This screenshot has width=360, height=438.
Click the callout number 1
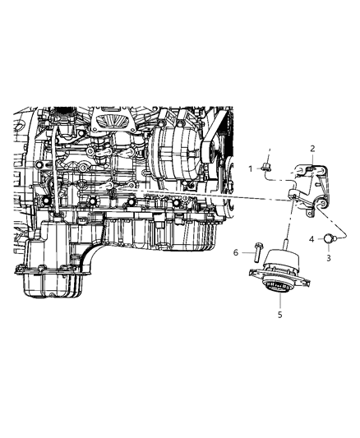pyautogui.click(x=251, y=168)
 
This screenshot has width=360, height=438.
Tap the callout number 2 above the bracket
pyautogui.click(x=312, y=149)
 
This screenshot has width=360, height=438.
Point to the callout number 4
pyautogui.click(x=313, y=238)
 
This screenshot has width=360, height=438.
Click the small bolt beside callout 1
pyautogui.click(x=265, y=168)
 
